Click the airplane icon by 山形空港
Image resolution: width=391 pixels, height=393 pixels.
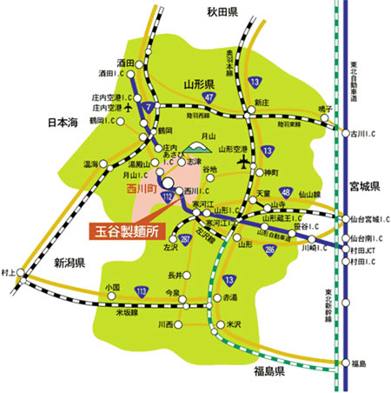[255, 162]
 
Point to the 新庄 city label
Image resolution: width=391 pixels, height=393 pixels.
[262, 103]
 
